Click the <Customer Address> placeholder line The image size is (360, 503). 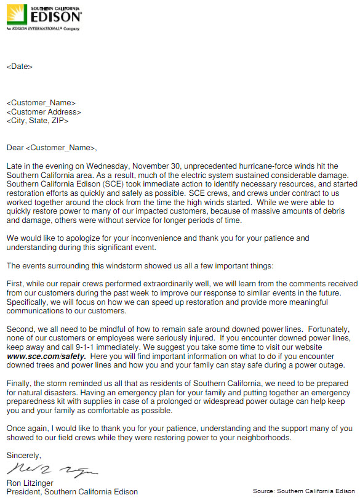point(44,112)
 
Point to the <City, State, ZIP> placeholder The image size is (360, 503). point(38,121)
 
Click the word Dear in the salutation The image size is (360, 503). point(15,148)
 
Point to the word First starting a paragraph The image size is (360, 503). point(15,284)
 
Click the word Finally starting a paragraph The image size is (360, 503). point(18,384)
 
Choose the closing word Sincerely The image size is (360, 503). point(24,456)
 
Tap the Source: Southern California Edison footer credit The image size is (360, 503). point(303,491)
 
